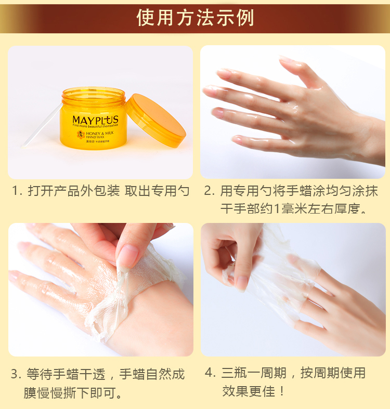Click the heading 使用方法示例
[x=195, y=18]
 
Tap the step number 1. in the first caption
[x=17, y=191]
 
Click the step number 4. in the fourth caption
[x=210, y=373]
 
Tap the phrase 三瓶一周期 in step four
[x=253, y=373]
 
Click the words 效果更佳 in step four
[x=248, y=391]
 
